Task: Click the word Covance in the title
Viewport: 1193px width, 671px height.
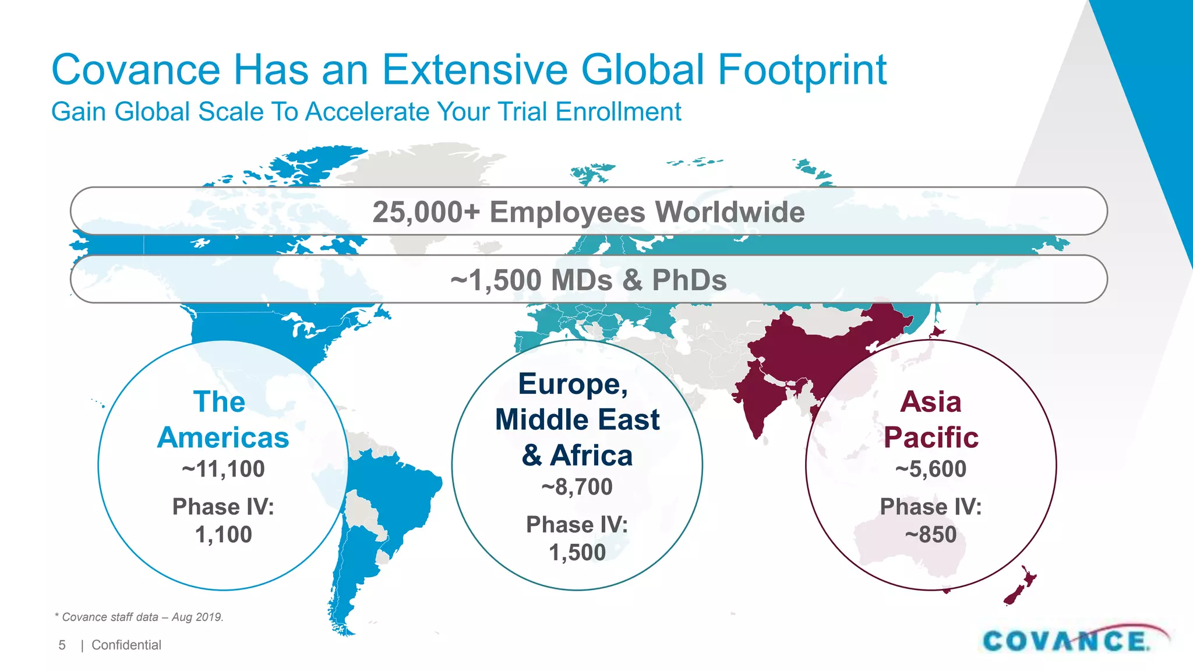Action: tap(136, 70)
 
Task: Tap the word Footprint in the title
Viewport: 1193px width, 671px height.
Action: tap(802, 70)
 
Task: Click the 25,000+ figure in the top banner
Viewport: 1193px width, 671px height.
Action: tap(426, 212)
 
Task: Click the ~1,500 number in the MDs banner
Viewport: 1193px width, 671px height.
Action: tap(496, 280)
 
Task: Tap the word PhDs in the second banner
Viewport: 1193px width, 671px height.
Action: tap(689, 280)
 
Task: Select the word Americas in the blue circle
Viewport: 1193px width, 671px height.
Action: tap(223, 437)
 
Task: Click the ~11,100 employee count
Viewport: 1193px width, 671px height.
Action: tap(223, 469)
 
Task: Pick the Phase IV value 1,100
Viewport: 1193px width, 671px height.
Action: tap(223, 535)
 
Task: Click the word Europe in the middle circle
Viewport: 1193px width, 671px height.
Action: tap(573, 384)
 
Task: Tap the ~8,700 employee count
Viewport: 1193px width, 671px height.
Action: tap(577, 487)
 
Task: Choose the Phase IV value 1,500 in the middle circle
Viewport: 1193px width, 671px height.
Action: tap(577, 553)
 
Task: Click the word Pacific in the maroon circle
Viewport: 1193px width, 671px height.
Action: tap(931, 437)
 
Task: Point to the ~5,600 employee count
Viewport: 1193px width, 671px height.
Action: tap(931, 469)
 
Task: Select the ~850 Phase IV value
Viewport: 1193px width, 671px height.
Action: tap(931, 535)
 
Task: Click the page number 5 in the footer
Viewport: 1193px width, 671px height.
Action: tap(62, 645)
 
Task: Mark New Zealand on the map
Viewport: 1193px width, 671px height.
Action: tap(1019, 585)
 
